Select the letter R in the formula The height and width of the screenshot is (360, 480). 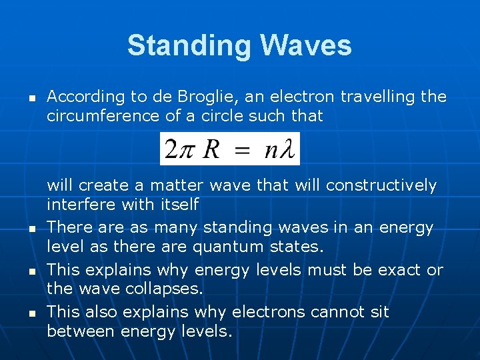(x=211, y=148)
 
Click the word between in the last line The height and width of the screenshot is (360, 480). (x=79, y=331)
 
